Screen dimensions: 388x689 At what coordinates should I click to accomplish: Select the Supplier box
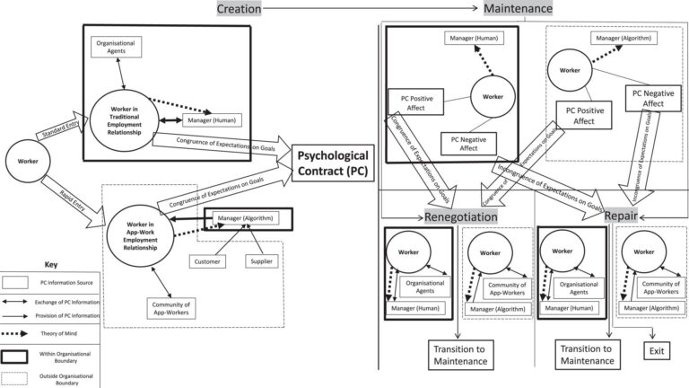click(262, 260)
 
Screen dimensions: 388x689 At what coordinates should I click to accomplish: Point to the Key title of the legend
click(50, 265)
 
